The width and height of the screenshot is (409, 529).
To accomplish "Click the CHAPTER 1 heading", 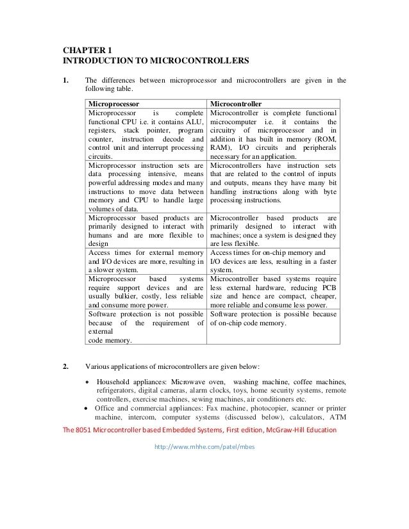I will [x=86, y=50].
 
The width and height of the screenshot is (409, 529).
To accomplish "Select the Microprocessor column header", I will [x=113, y=103].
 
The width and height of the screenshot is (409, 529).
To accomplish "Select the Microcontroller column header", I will [x=235, y=103].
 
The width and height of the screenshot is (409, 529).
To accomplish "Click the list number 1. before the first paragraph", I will [x=65, y=80].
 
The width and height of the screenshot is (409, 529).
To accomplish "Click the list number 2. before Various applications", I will [x=65, y=367].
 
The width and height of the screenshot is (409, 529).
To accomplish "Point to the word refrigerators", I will [x=117, y=390].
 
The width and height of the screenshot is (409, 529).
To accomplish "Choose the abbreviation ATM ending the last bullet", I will [x=337, y=417].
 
